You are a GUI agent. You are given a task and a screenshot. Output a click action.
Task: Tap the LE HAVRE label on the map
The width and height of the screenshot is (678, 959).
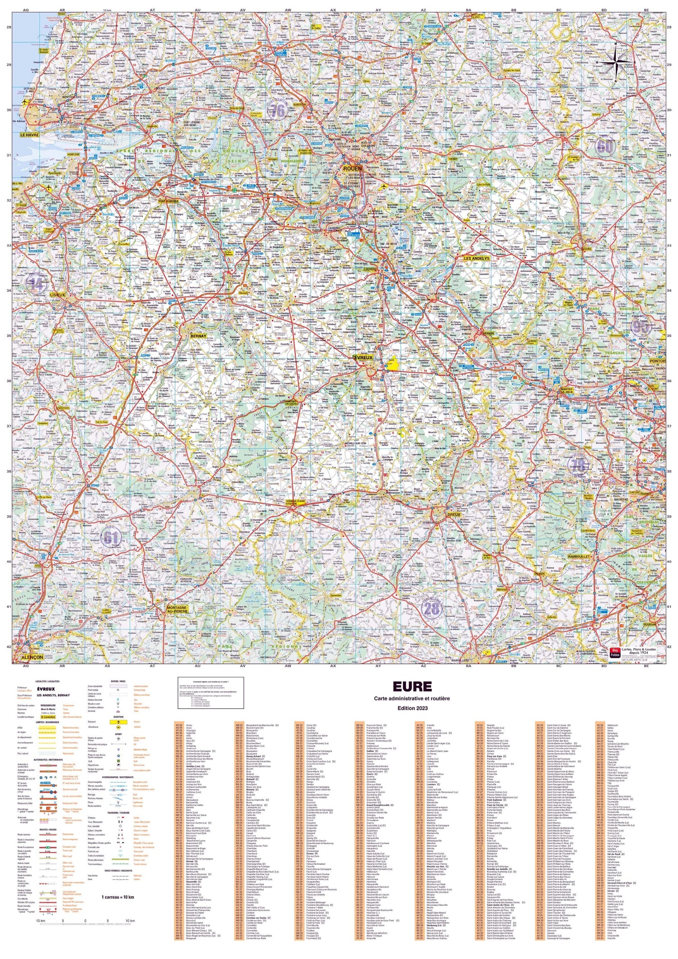29,135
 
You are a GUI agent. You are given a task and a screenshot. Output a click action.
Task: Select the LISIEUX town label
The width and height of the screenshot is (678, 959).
57,295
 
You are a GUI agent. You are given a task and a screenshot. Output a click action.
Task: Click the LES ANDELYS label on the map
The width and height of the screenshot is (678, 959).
477,259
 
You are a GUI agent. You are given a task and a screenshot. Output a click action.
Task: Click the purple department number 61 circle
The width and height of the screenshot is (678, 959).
111,537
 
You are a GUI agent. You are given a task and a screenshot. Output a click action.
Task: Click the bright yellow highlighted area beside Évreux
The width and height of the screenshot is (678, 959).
392,365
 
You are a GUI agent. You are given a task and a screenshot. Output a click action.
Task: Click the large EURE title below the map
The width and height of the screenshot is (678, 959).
412,686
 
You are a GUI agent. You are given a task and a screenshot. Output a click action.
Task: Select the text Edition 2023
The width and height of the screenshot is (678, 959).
412,707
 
